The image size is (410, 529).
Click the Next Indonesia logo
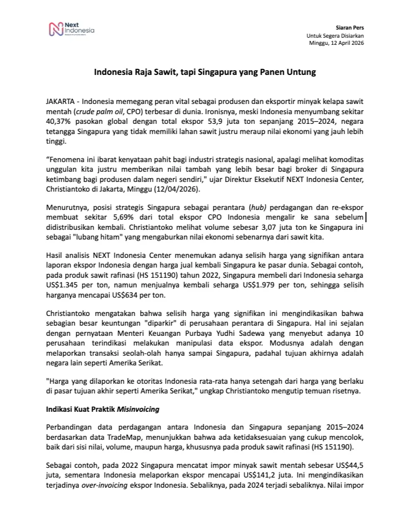coord(72,30)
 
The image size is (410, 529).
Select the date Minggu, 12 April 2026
coord(337,43)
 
